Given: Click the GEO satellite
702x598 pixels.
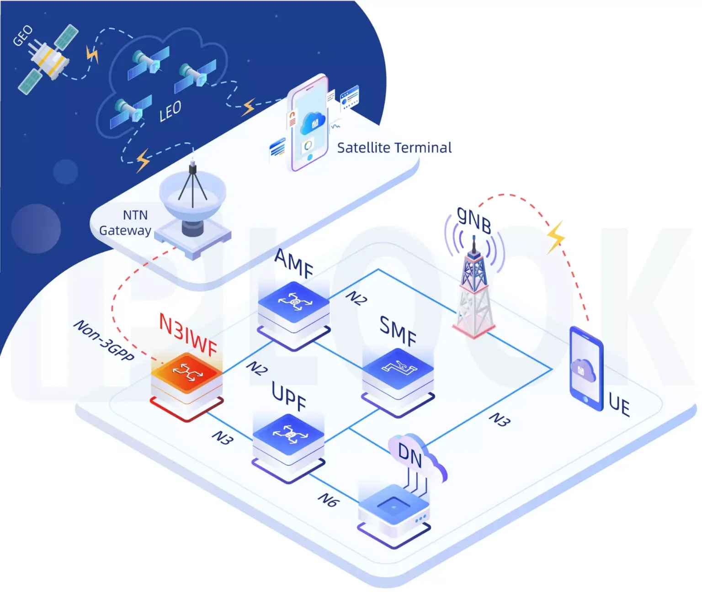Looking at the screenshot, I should pos(47,59).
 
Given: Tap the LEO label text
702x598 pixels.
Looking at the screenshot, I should pos(170,111).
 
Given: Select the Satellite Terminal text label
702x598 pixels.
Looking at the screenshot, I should pos(394,148).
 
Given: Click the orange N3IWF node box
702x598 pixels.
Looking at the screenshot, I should pos(187,379).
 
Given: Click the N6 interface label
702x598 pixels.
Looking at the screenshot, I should pos(328,500).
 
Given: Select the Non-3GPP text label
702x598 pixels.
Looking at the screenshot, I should pos(104,340).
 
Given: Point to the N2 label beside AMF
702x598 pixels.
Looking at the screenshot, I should pos(356,298).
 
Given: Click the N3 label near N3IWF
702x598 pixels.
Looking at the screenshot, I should pos(223,438).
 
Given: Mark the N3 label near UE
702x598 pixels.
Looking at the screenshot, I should pos(499,419).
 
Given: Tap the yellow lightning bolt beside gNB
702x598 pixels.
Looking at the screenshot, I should pos(556,237).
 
